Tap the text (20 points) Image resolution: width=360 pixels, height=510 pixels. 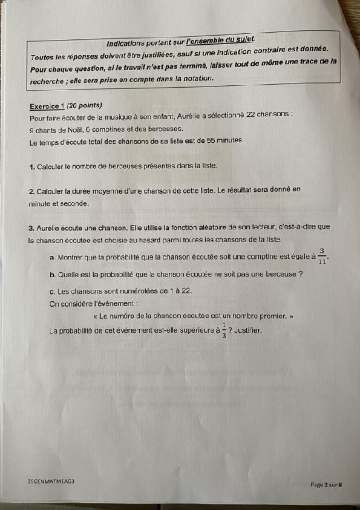tap(84, 105)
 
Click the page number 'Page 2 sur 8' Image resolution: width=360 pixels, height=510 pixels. tap(327, 484)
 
